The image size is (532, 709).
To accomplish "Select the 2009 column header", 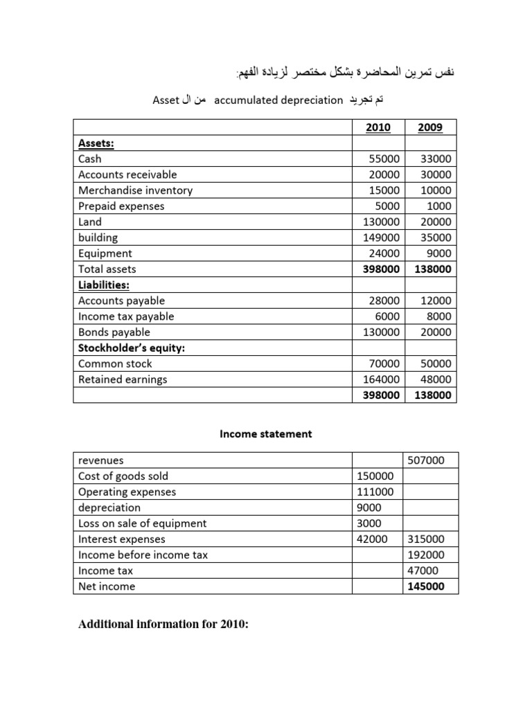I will pos(430,127).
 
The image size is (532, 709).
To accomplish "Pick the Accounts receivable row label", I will pos(127,174).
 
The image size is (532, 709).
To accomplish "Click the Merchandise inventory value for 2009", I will pos(436,190).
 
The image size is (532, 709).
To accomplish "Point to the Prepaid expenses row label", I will pos(121,206).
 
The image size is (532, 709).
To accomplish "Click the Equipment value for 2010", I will pos(385,253).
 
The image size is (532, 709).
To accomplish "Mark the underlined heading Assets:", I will pos(96,143).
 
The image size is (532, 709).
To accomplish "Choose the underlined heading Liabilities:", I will pos(104,285).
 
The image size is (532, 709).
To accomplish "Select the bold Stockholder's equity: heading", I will pos(132,348).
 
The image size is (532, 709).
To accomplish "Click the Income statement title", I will pos(266,434).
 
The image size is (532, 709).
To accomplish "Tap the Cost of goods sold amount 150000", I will pos(375,476).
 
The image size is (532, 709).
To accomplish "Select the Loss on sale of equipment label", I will pos(142,523).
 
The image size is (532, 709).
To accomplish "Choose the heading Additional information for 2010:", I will pos(163,625).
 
